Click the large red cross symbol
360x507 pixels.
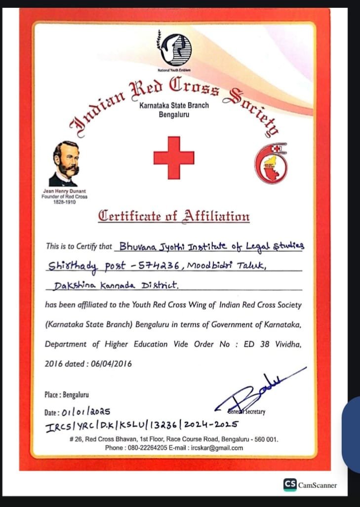tap(173, 157)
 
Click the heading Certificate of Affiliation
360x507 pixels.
tap(173, 216)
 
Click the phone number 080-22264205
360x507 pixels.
tap(148, 448)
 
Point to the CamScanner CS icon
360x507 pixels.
tap(290, 484)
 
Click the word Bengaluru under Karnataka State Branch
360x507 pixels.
tap(173, 114)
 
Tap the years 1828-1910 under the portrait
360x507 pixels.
tap(64, 202)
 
